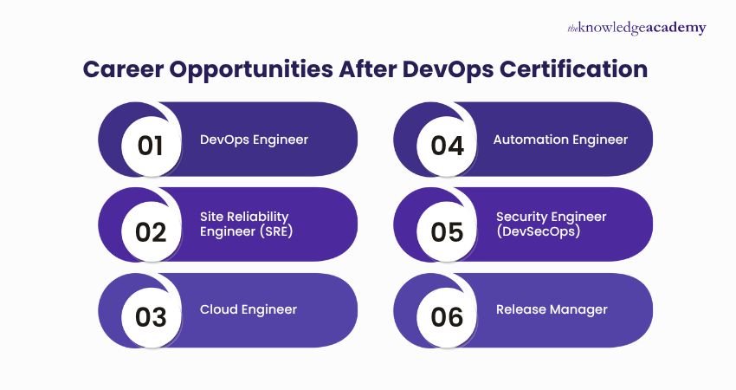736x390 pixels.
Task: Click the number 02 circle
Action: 150,231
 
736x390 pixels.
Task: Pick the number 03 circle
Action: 150,317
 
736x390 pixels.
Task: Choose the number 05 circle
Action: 447,231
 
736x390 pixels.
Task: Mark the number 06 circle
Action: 447,317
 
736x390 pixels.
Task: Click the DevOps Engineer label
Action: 254,139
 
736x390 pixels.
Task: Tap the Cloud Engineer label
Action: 249,309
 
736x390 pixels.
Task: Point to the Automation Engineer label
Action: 560,139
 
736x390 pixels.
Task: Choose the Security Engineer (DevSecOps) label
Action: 552,223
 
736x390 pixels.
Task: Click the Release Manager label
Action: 552,309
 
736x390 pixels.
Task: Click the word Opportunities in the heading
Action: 255,69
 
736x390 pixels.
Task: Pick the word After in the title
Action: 362,69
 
